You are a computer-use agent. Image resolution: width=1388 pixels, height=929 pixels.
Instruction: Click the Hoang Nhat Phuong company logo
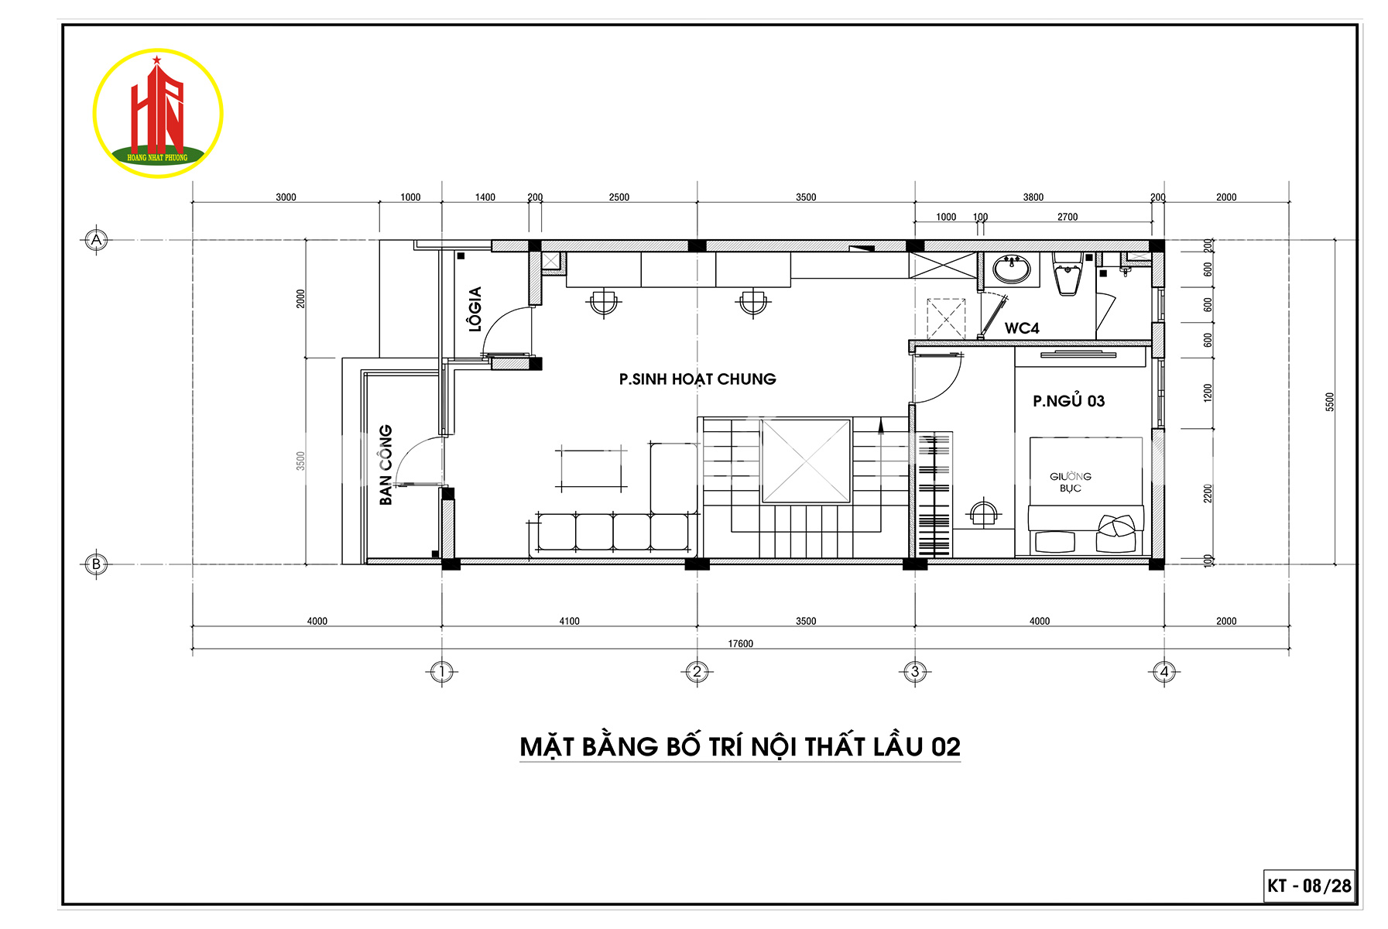click(158, 113)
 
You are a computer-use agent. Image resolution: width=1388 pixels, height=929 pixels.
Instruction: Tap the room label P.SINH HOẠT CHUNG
click(697, 379)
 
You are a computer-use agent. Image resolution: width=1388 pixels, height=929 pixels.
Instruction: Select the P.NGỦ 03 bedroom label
click(1068, 400)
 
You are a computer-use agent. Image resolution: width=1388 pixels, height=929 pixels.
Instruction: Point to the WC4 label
click(1022, 328)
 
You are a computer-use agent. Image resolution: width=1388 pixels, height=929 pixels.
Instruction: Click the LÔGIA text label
click(475, 309)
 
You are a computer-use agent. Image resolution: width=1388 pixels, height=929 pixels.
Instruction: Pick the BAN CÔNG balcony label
click(385, 464)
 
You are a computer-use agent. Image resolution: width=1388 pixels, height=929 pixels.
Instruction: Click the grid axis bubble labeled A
click(96, 240)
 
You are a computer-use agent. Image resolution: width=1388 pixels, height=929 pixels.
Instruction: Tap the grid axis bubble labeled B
click(96, 564)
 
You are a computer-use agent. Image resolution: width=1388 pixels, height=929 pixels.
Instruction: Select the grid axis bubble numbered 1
click(441, 671)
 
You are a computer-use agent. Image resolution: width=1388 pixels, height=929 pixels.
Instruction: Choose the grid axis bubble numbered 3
click(915, 671)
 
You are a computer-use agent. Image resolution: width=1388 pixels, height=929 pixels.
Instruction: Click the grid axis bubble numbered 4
click(1164, 671)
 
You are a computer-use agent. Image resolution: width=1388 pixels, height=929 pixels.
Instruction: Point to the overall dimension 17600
click(740, 643)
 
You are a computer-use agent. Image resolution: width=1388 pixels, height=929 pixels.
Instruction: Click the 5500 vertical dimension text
click(1330, 402)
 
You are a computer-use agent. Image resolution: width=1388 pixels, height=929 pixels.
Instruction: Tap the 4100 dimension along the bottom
click(569, 621)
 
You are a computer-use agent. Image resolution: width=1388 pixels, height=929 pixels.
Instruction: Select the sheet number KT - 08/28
click(1310, 886)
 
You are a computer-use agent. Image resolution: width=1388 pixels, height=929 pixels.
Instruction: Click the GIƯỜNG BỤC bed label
click(1071, 482)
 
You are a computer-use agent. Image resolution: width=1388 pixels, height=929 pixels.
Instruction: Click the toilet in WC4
click(1068, 273)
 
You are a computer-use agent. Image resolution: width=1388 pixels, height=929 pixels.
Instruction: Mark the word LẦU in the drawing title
click(899, 746)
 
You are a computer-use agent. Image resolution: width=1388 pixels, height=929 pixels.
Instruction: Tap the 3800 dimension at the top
click(1033, 197)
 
